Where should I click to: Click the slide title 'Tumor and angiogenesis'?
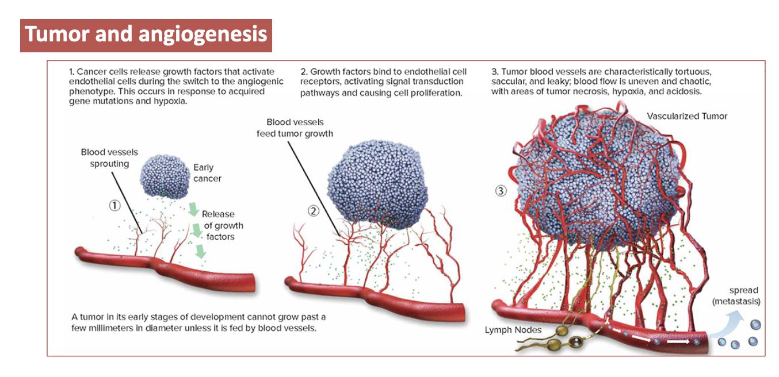pos(146,35)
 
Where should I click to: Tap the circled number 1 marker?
pos(115,205)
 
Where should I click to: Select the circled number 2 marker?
pos(314,211)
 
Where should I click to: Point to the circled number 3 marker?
pos(501,191)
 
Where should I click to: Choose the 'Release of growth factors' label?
pos(223,225)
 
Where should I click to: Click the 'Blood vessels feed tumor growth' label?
pos(295,128)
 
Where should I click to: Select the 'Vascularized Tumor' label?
pos(687,116)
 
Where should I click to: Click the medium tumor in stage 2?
pos(377,184)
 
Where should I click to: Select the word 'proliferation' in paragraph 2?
pos(436,92)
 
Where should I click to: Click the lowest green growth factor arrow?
pos(200,252)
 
